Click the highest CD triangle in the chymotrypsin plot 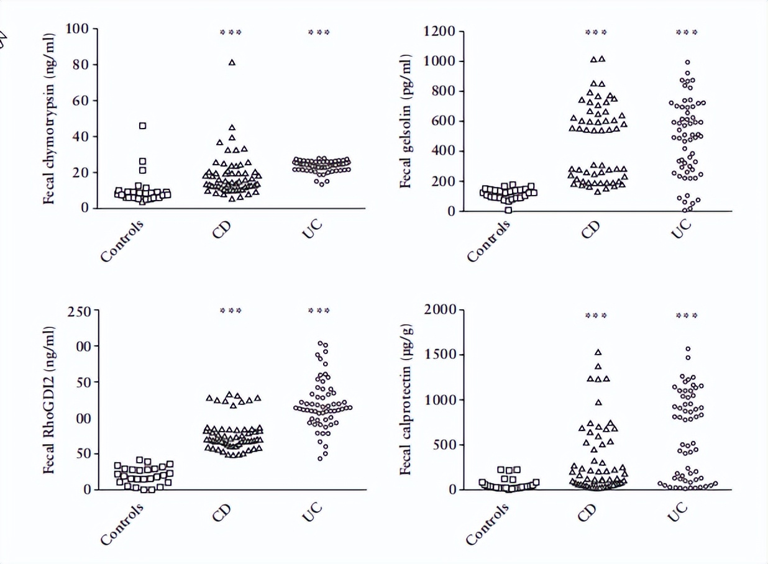[x=232, y=62]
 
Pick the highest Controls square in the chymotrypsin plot [x=143, y=126]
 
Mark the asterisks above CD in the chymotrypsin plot [x=232, y=32]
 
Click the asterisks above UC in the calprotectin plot [x=687, y=316]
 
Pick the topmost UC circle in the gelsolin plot [x=687, y=62]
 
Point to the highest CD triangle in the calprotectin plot [x=598, y=352]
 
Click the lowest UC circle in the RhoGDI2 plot [x=321, y=458]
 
